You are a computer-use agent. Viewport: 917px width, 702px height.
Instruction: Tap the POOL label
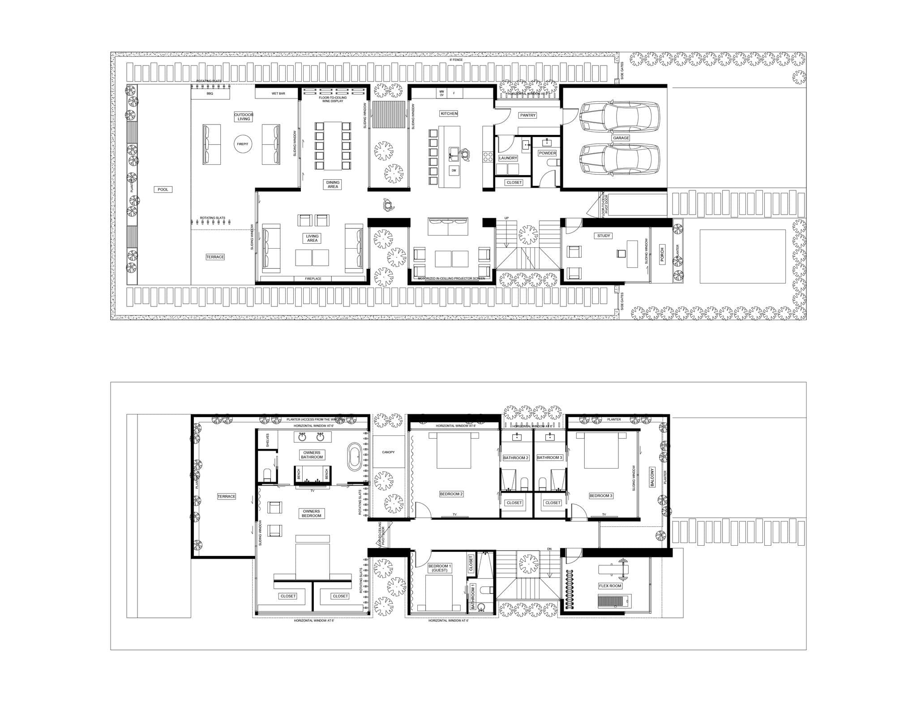(163, 189)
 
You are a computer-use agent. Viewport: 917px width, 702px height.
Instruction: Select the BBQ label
(210, 94)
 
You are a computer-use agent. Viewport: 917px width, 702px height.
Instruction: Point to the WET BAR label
(278, 94)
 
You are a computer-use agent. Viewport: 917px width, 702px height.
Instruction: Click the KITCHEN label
(449, 114)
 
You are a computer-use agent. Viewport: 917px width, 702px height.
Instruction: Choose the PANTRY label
(528, 115)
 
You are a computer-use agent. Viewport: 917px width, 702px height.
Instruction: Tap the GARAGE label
(621, 138)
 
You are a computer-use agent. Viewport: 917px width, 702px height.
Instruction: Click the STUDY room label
(604, 236)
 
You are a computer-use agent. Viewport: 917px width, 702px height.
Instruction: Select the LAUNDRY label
(508, 158)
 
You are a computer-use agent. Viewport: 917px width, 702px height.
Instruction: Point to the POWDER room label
(547, 153)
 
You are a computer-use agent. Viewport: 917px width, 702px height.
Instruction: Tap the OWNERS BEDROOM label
(311, 513)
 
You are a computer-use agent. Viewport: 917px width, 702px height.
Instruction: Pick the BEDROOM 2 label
(451, 494)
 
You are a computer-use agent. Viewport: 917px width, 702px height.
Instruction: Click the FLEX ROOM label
(610, 586)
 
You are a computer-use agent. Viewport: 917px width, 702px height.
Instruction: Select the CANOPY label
(388, 452)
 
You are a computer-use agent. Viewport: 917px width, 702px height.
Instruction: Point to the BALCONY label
(652, 478)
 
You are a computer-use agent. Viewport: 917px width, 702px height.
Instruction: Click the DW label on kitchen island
(454, 170)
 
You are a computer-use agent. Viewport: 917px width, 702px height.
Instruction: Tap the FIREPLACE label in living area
(313, 279)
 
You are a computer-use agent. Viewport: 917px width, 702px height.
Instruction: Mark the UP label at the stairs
(506, 218)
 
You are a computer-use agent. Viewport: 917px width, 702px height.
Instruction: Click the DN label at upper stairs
(549, 550)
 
